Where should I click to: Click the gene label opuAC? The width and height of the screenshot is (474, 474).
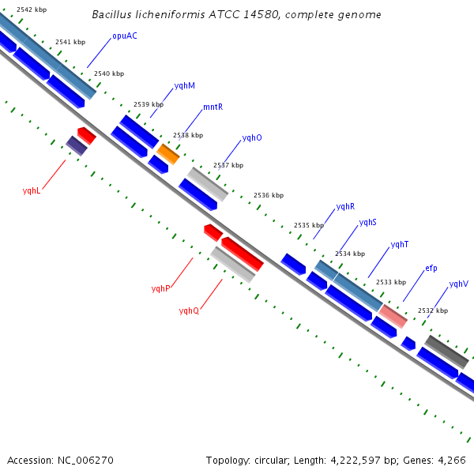124,36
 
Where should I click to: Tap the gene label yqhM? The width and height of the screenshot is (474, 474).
184,85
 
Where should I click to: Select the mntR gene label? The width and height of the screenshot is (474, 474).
213,107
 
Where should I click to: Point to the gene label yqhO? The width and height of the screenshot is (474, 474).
252,137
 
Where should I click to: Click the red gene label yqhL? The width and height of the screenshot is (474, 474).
32,190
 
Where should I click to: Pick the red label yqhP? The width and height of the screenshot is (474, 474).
160,288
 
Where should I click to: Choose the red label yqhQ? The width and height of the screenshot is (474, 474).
189,310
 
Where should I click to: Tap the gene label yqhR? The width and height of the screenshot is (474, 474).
345,206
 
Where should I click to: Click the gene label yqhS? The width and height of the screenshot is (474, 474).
367,223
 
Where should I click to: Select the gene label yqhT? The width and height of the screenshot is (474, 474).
400,244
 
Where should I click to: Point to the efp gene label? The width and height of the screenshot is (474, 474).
431,268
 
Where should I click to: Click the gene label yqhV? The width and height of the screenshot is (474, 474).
458,284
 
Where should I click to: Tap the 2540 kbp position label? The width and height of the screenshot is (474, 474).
109,73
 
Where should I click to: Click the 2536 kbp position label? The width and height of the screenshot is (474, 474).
268,195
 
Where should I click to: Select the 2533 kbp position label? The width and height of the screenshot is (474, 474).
390,282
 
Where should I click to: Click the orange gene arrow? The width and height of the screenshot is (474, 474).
168,153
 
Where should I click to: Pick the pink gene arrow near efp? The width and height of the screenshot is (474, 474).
393,316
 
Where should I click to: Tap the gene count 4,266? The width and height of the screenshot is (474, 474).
450,460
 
